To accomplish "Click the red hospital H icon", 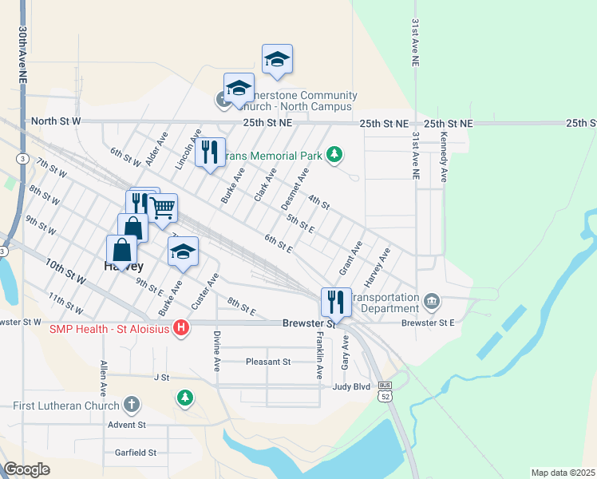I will [x=181, y=328].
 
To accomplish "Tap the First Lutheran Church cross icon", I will [x=132, y=405].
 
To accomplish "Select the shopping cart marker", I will [x=163, y=208].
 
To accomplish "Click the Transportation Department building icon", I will [x=431, y=301].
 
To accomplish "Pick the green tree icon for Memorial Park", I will [x=337, y=154].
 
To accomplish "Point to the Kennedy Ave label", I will [x=443, y=157].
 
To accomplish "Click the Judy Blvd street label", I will [x=351, y=386].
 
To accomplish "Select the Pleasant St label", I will [x=267, y=362].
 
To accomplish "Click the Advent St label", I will [x=127, y=425].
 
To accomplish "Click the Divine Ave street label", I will [x=215, y=353].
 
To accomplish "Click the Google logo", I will [x=27, y=469].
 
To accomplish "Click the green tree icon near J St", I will [x=185, y=397].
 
